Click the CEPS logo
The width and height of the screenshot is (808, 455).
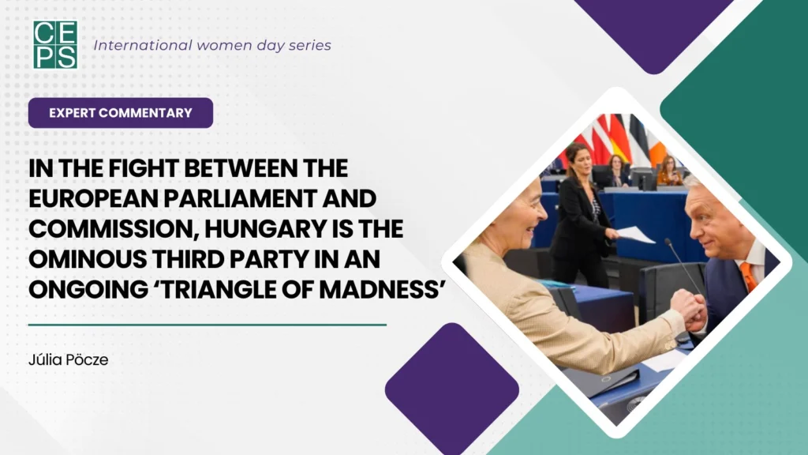[55, 44]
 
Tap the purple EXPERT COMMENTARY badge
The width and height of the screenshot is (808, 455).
[121, 113]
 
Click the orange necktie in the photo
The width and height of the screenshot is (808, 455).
[747, 276]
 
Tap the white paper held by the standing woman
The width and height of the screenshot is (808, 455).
[636, 235]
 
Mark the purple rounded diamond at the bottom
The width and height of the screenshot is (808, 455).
[451, 388]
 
